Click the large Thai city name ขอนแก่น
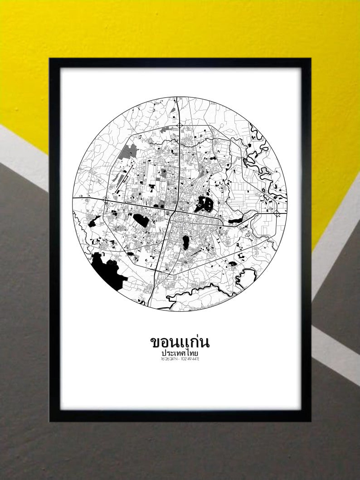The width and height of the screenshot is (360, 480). click(180, 341)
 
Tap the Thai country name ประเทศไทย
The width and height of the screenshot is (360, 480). click(180, 352)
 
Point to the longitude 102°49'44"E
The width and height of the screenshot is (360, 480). click(191, 359)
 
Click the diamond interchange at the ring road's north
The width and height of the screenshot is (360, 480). click(180, 125)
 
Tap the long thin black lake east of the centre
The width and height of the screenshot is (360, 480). click(236, 221)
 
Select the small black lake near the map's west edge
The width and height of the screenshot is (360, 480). click(95, 222)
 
